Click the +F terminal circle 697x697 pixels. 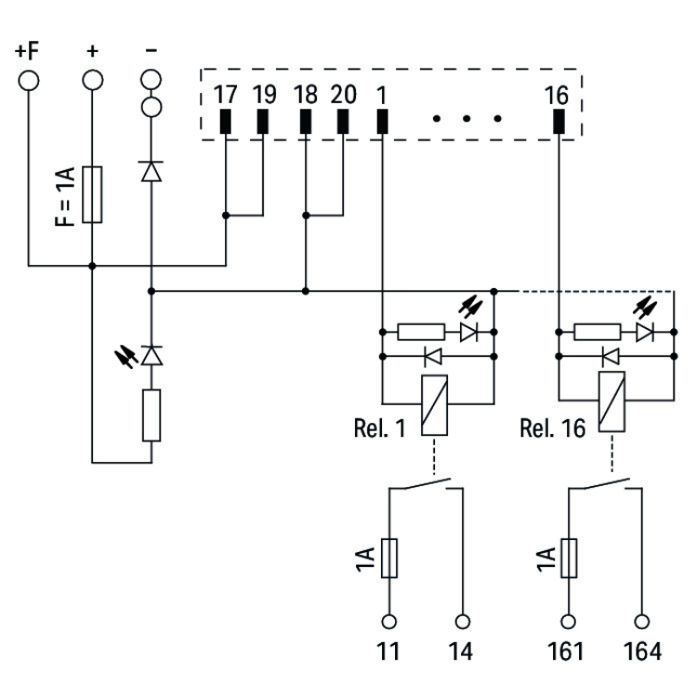(x=30, y=79)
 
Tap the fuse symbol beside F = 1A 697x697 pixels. (x=91, y=194)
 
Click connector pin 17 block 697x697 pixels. (x=226, y=122)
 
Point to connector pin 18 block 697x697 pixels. (x=305, y=122)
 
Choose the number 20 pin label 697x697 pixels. (x=342, y=95)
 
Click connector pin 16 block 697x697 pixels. (x=559, y=122)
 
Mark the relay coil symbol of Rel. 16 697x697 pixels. (x=611, y=405)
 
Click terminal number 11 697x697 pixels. (x=390, y=651)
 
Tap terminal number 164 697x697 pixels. (x=641, y=651)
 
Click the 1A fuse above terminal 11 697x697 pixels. (x=390, y=560)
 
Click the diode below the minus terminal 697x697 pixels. (x=151, y=170)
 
